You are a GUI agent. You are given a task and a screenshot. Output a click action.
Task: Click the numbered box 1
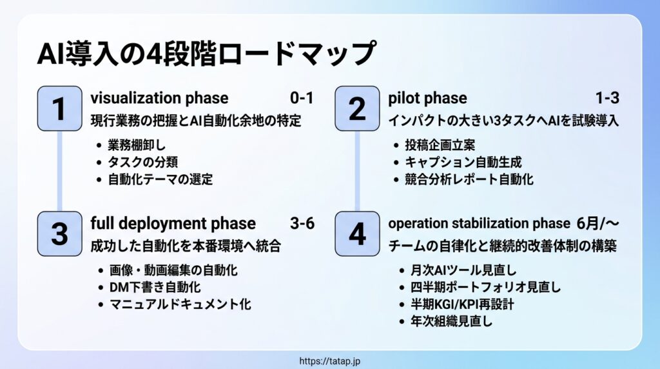(60, 108)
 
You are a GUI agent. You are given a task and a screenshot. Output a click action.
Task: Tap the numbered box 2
(357, 108)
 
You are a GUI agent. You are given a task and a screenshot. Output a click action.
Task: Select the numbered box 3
(60, 234)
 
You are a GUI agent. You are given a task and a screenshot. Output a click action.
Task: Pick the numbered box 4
(357, 234)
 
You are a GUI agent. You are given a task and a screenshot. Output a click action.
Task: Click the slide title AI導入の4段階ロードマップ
(207, 54)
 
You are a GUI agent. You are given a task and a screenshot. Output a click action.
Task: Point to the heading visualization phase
(160, 98)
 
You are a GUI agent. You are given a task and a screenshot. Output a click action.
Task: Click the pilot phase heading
(428, 98)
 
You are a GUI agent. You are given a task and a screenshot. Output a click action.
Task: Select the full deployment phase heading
(173, 223)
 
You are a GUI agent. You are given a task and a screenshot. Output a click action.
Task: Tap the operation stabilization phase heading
(479, 223)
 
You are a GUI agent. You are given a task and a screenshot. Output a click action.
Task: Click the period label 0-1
(302, 98)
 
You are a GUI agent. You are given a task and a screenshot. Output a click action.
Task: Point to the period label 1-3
(607, 98)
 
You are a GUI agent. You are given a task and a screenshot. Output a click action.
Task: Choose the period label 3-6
(302, 223)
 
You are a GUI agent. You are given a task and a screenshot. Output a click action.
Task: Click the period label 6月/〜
(598, 223)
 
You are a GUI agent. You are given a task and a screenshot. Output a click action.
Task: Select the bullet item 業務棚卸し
(137, 145)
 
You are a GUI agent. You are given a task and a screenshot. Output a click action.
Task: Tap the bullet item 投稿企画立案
(440, 145)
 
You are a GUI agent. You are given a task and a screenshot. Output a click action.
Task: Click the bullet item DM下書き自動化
(155, 287)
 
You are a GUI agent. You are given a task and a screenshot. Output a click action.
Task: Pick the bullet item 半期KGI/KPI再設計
(462, 304)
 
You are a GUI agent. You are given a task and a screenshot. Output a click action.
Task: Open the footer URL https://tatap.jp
(330, 361)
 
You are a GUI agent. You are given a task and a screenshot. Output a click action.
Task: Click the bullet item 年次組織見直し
(451, 321)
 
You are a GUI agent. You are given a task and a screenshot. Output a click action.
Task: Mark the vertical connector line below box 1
(60, 171)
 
